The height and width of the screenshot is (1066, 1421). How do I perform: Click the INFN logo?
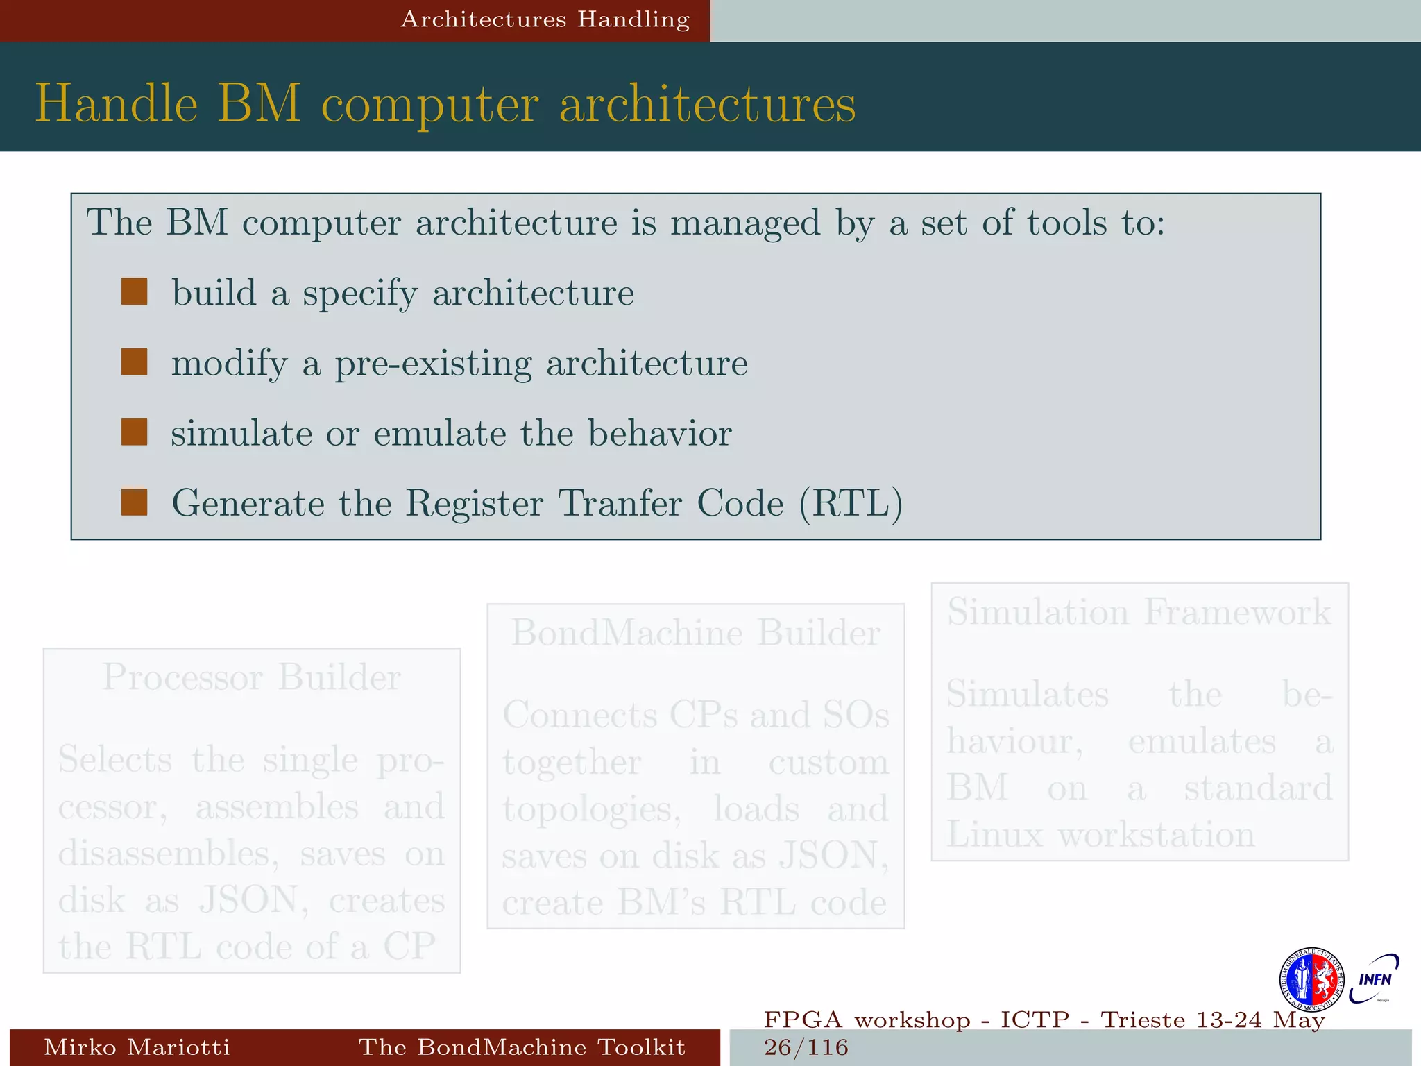coord(1374,979)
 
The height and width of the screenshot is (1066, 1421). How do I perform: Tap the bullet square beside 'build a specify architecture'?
coord(134,292)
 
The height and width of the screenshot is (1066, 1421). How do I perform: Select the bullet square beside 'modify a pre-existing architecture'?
coord(134,362)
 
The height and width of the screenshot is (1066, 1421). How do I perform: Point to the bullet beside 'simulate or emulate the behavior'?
coord(134,432)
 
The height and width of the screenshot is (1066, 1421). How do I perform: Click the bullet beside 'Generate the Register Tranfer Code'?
coord(134,502)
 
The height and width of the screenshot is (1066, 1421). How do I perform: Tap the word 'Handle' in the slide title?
coord(117,104)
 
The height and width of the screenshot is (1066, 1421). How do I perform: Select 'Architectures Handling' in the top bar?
coord(545,19)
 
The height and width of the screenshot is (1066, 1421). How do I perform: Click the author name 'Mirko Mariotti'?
coord(137,1047)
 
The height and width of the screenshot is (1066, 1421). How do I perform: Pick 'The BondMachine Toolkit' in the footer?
coord(522,1047)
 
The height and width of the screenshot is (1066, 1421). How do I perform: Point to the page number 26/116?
coord(806,1047)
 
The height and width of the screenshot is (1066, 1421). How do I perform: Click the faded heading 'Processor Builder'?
coord(251,677)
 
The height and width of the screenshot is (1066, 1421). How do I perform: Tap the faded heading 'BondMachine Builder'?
coord(696,633)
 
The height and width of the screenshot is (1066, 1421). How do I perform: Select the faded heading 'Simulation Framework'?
coord(1139,612)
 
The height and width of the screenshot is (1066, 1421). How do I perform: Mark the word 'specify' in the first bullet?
coord(360,294)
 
